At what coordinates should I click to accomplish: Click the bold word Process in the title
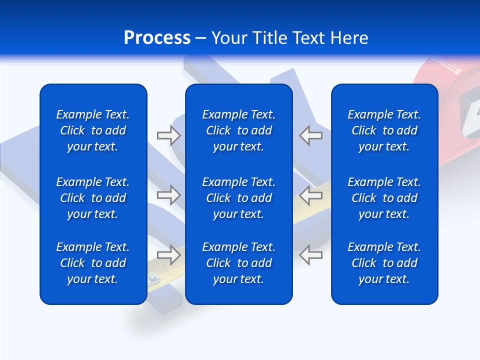tap(157, 38)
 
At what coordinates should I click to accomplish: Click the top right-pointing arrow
tap(168, 135)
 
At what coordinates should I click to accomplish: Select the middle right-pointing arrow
tap(168, 195)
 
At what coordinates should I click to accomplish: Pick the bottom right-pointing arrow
tap(168, 255)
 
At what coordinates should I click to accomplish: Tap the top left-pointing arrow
tap(310, 135)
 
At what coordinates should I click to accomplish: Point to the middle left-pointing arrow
tap(310, 195)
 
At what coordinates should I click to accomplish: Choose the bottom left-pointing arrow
tap(310, 255)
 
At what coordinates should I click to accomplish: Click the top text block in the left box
tap(93, 130)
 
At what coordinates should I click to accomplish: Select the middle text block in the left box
tap(93, 198)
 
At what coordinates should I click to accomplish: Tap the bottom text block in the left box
tap(93, 263)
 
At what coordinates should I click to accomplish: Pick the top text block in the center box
tap(239, 130)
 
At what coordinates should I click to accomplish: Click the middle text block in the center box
tap(239, 198)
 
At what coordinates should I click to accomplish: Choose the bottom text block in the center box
tap(239, 263)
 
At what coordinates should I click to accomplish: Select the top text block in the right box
tap(384, 130)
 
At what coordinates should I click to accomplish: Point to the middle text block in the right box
tap(384, 198)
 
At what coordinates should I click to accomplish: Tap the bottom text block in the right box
tap(384, 263)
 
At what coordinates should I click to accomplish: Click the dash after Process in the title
tap(200, 38)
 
